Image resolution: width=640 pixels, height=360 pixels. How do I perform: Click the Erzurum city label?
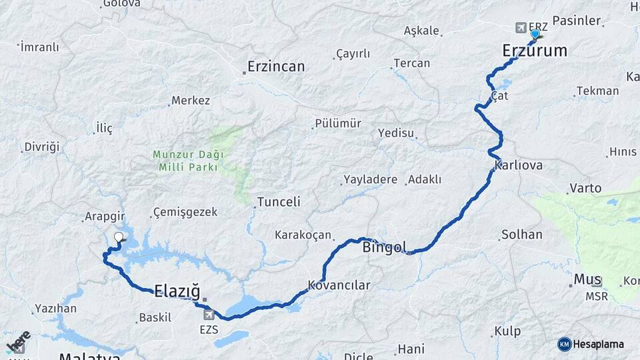(534, 51)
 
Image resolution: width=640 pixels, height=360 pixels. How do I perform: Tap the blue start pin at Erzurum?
(535, 33)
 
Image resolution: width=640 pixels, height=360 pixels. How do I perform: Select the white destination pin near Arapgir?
(119, 237)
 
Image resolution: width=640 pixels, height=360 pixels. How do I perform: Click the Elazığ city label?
(177, 290)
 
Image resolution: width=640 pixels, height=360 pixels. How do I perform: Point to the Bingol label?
(385, 248)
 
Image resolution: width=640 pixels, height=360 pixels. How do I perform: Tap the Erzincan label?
(275, 67)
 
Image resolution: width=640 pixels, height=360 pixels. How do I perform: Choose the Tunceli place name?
(279, 201)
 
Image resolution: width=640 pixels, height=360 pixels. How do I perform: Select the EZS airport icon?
(209, 315)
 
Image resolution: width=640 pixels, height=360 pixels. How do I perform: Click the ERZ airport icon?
(521, 27)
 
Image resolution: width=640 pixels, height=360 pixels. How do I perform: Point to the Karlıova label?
(518, 165)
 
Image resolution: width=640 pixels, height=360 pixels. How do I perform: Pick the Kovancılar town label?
(339, 285)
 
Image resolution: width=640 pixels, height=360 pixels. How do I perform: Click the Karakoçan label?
(303, 235)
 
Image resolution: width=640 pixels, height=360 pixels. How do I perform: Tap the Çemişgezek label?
(185, 212)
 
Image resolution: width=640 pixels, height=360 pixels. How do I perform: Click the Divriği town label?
(41, 147)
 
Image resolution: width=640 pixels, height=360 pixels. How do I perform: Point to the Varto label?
(585, 188)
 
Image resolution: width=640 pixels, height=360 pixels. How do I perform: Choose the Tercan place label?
(411, 63)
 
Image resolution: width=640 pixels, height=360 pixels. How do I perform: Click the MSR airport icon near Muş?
(596, 282)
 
